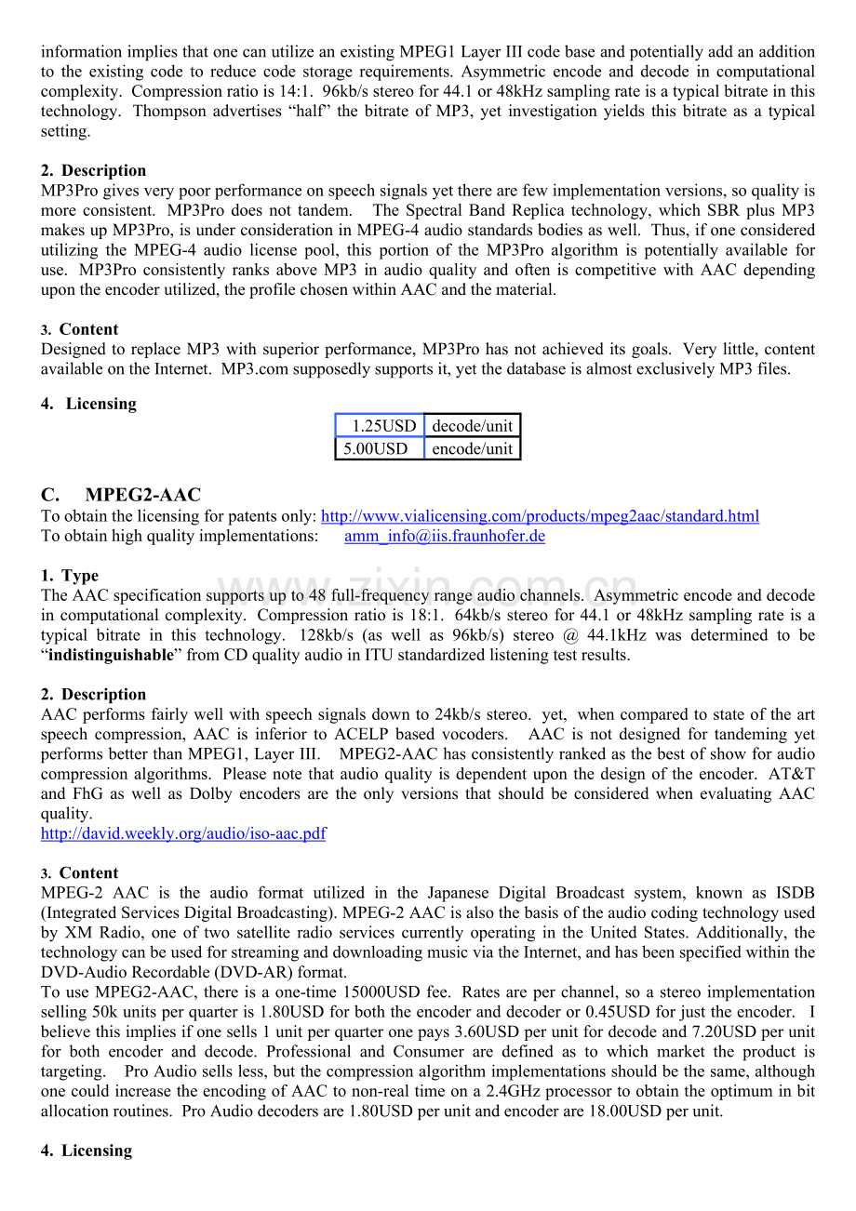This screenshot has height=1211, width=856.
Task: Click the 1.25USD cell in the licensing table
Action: point(380,426)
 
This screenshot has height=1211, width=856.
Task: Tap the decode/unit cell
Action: point(472,426)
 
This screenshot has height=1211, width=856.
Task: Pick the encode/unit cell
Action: point(472,448)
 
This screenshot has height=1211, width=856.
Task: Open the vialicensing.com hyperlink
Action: point(540,516)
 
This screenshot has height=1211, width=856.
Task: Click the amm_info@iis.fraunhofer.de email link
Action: point(445,536)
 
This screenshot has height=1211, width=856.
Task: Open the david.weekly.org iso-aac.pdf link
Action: point(183,833)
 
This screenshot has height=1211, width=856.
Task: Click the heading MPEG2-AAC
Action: point(142,495)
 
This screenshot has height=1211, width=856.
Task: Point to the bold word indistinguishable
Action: point(111,655)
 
